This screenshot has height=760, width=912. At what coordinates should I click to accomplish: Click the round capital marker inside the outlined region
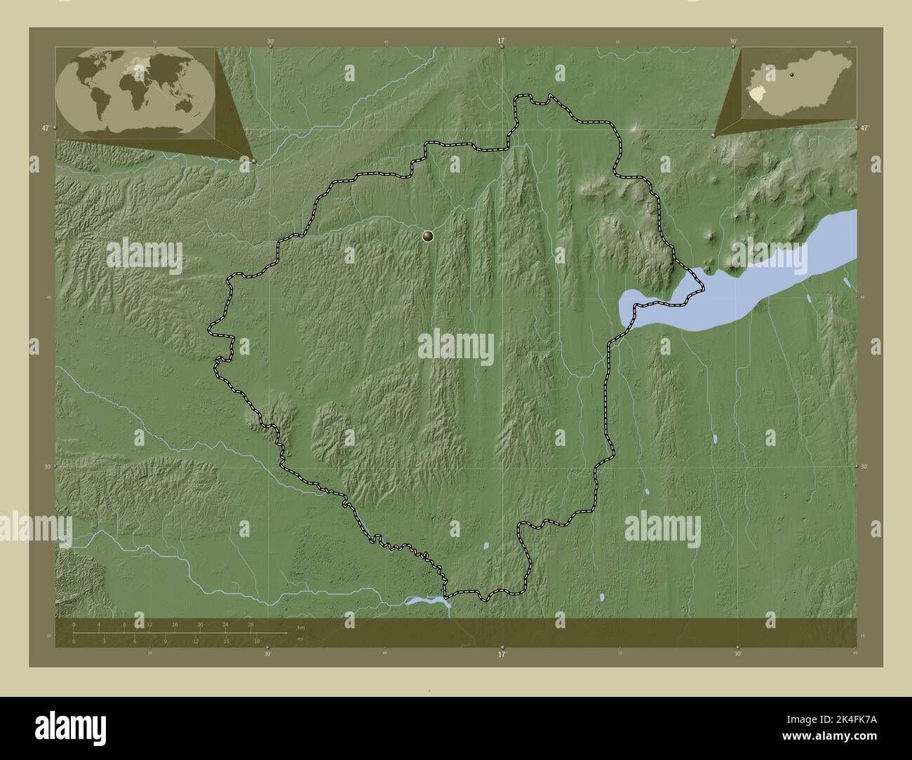428,237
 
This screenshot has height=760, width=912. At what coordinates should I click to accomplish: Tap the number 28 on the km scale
250,624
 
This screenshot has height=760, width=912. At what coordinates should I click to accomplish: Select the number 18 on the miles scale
257,641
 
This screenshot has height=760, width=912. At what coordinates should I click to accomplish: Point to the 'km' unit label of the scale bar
301,627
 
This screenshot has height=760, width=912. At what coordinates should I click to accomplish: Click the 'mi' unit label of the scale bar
300,639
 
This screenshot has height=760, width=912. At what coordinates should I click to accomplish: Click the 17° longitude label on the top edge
501,41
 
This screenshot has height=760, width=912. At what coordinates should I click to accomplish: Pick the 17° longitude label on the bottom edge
501,654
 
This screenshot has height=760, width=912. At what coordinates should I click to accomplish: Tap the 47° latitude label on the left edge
45,128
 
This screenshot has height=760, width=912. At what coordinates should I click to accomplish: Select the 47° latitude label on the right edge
864,128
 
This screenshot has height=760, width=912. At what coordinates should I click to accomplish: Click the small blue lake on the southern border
427,600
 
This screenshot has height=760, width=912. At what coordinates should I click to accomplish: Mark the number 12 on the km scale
149,624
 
